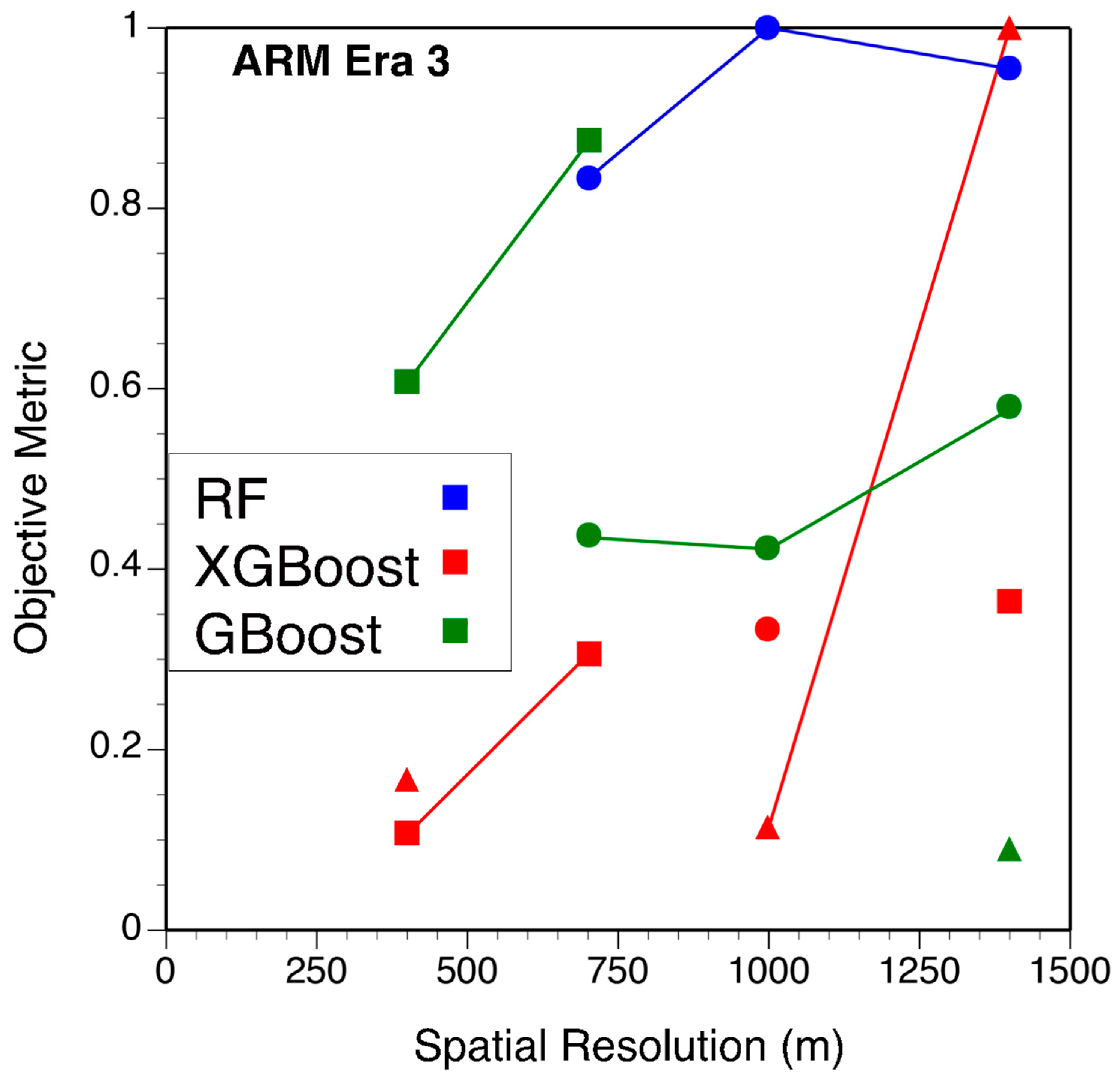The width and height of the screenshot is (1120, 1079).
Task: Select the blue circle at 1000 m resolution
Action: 767,27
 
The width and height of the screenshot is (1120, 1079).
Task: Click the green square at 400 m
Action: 406,382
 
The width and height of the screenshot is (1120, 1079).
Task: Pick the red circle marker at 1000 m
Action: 767,629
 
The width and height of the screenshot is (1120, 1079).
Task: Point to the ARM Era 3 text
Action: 341,62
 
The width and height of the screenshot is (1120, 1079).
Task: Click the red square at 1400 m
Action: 1009,602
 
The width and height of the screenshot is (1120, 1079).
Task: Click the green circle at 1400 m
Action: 1009,406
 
